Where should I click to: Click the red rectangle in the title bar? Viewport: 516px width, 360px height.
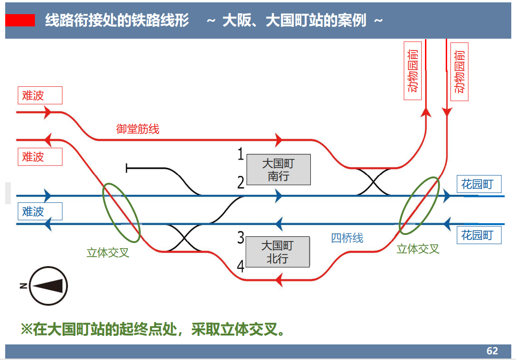20,20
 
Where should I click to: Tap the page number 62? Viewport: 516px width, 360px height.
492,351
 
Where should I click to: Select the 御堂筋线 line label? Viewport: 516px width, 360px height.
138,129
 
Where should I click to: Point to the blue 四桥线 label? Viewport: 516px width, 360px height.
347,238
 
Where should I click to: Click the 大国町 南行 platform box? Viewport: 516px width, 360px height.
278,170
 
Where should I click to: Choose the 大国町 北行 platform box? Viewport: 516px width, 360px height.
278,252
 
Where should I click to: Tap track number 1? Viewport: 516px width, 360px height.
241,154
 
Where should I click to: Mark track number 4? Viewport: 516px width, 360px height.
241,267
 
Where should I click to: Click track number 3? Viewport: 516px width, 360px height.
241,238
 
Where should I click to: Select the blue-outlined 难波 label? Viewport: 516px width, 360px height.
40,211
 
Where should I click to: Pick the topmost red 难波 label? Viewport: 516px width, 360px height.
40,95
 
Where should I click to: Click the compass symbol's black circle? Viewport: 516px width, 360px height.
48,286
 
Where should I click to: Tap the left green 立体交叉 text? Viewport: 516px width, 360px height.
108,252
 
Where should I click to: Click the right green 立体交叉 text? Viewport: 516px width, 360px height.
418,249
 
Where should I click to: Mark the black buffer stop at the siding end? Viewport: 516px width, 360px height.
127,167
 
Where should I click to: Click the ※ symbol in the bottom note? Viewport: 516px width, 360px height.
25,329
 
